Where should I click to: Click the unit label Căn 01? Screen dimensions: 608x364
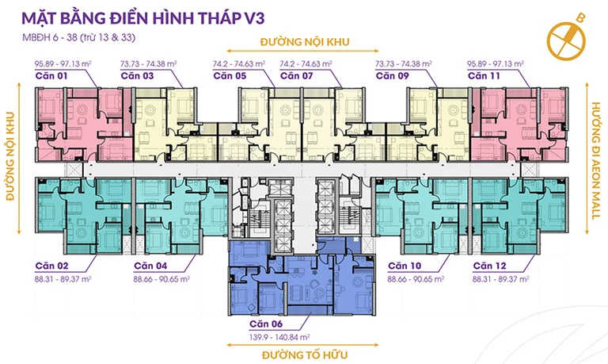(x=51, y=76)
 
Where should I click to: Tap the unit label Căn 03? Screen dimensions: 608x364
(x=137, y=76)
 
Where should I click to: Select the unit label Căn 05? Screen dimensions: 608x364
(x=230, y=76)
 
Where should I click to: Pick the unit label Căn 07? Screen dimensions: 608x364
(x=297, y=76)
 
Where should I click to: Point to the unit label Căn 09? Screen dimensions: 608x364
(x=393, y=76)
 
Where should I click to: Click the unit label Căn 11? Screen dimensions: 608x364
(x=484, y=76)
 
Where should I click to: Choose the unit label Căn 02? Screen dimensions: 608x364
(x=51, y=266)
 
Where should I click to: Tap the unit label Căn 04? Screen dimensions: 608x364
(x=150, y=266)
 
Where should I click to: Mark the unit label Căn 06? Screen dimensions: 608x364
(x=266, y=324)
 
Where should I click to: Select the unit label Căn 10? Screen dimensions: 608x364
(x=405, y=266)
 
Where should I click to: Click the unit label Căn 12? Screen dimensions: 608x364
(x=490, y=266)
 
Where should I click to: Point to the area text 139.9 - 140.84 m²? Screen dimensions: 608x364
(x=279, y=337)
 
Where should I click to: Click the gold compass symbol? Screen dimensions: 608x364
(x=567, y=38)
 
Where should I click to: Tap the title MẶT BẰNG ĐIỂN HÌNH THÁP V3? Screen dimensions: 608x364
(x=143, y=18)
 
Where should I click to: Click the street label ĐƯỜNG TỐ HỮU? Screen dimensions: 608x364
(x=305, y=355)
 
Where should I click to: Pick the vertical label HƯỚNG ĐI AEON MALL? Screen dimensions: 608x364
(x=596, y=161)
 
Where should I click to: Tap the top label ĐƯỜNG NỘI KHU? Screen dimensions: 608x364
(x=305, y=42)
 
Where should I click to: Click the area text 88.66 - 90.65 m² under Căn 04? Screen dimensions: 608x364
(x=161, y=279)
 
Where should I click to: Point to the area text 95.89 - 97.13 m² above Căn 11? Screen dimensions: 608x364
(x=496, y=63)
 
